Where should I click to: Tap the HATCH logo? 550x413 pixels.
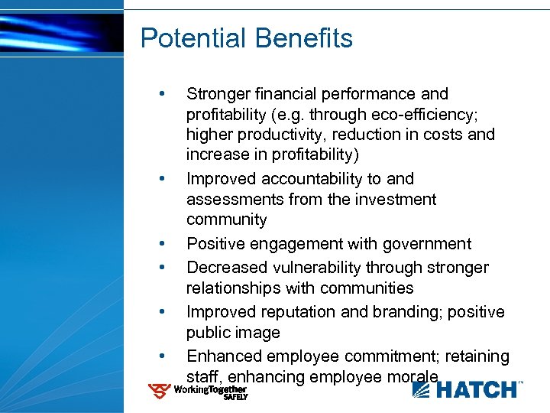[x=467, y=390]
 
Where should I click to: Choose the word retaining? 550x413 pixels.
[x=477, y=356]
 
